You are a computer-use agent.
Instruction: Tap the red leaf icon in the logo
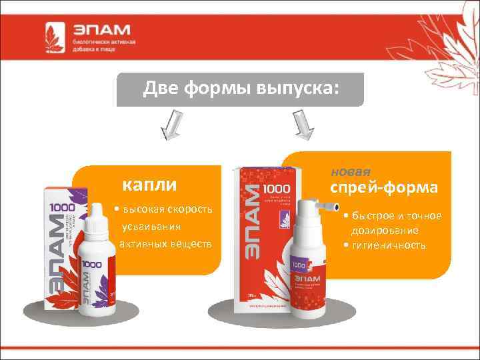[55, 37]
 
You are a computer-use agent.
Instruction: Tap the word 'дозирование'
[385, 231]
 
